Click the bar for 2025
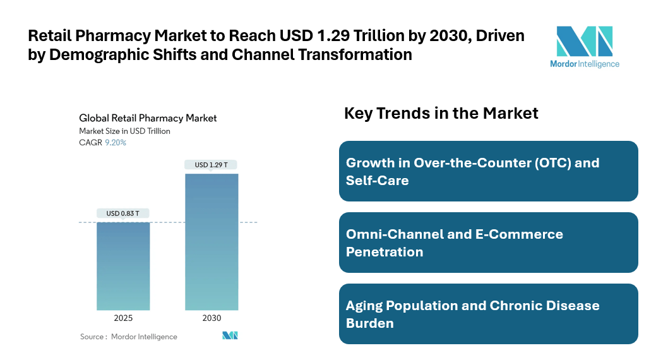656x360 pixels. [123, 266]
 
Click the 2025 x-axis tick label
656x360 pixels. [123, 318]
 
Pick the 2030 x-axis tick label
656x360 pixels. [212, 318]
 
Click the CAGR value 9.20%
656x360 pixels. [116, 143]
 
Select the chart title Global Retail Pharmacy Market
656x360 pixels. [148, 118]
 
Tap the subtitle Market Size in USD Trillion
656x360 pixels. [124, 131]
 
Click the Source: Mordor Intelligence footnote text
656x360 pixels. [129, 337]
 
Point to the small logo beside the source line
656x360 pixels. [230, 336]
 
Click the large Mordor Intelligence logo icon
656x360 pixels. [584, 42]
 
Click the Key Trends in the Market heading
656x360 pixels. [441, 113]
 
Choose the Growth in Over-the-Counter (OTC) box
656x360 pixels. [488, 171]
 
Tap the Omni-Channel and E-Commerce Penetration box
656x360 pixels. [488, 243]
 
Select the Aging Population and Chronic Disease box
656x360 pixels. [488, 314]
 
